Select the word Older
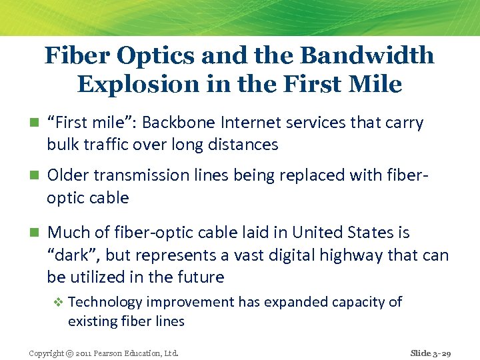coord(68,175)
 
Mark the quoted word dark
coord(73,255)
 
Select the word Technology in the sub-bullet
coord(105,302)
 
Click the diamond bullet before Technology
coord(58,302)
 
